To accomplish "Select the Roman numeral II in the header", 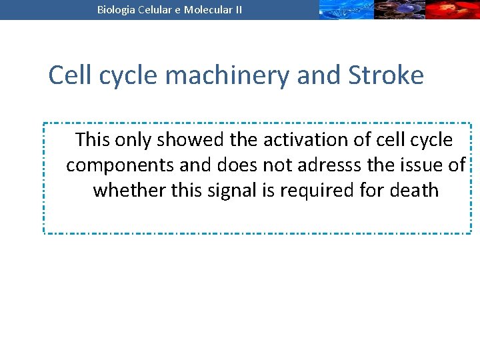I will point(237,9).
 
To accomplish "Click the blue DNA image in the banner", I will point(345,9).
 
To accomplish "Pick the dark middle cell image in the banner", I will point(399,9).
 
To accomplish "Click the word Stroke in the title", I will point(385,75).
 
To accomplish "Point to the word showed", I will point(190,140).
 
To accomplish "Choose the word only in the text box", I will point(133,140).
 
